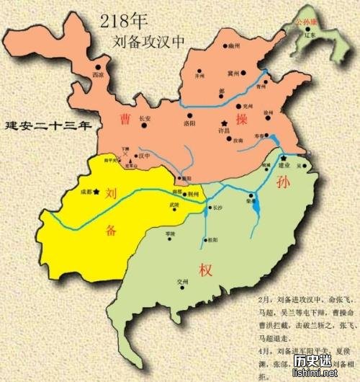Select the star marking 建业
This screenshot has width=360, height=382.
coord(284,159)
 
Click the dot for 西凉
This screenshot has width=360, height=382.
coord(104,65)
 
